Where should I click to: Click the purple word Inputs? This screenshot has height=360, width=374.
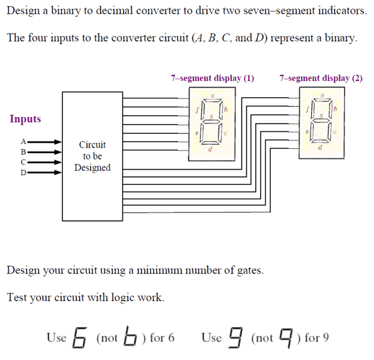[25, 119]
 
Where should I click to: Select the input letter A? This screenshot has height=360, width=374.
[23, 142]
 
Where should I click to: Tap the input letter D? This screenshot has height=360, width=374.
[23, 173]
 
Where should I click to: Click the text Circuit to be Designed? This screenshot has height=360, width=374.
[92, 156]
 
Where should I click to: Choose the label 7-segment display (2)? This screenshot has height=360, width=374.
[321, 78]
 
